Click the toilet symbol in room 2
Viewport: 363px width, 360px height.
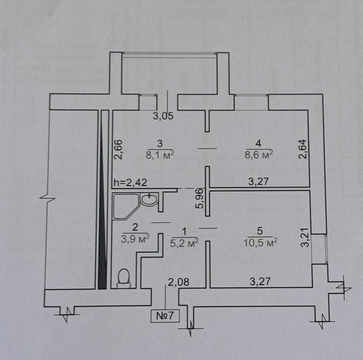coord(124,278)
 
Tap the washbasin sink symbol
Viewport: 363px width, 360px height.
coord(150,200)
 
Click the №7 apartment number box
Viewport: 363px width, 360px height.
coord(165,316)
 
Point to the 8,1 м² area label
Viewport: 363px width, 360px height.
coord(160,155)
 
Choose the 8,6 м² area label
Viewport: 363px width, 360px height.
coord(259,154)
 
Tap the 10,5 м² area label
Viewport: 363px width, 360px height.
coord(261,243)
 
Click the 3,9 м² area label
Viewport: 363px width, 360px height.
coord(135,239)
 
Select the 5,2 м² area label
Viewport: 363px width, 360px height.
coord(185,243)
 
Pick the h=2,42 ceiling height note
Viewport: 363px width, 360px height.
coord(131,183)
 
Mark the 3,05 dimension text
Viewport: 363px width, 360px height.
coord(163,116)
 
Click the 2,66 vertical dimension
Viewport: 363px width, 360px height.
coord(118,149)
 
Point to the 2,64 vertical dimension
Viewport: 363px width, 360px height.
coord(303,149)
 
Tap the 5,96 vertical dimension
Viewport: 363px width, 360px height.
coord(200,199)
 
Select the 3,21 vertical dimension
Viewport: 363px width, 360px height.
coord(305,238)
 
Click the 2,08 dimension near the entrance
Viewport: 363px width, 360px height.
coord(178,282)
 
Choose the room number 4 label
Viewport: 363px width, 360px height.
coord(258,143)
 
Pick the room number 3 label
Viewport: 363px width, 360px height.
coord(160,143)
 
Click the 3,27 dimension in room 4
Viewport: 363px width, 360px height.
coord(259,182)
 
